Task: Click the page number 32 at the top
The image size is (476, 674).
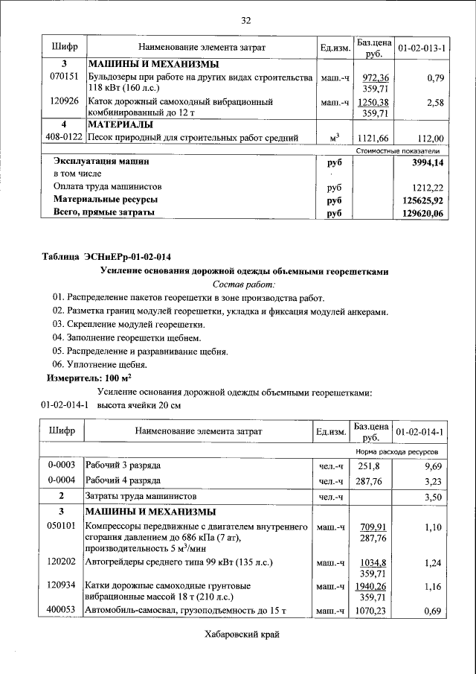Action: click(x=245, y=19)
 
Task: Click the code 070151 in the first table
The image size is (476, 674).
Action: click(x=64, y=77)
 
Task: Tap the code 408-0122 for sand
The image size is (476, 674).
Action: click(x=64, y=138)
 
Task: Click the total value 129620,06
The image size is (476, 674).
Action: click(x=420, y=214)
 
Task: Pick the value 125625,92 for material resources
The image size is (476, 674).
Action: click(x=420, y=200)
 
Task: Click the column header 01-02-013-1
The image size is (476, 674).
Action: click(x=421, y=48)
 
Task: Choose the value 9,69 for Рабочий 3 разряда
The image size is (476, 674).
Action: click(x=433, y=466)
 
